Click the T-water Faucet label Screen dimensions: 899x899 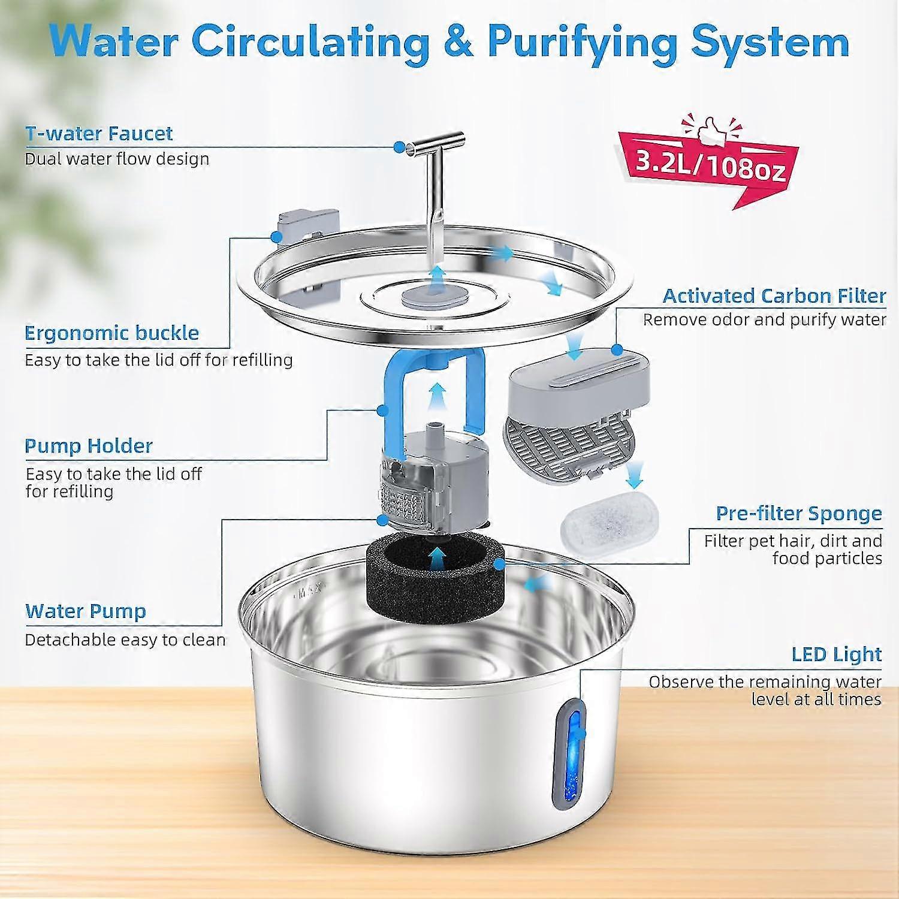coord(99,133)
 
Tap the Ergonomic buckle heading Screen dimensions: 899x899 coord(111,333)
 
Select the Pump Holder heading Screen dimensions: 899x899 coord(89,445)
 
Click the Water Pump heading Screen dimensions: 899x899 coord(86,611)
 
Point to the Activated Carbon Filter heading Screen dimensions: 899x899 coord(774,295)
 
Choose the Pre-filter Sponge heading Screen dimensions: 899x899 coord(799,513)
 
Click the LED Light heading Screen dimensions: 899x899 coord(837,654)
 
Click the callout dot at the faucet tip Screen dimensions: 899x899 coord(399,147)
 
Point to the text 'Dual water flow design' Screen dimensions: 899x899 coord(117,159)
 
